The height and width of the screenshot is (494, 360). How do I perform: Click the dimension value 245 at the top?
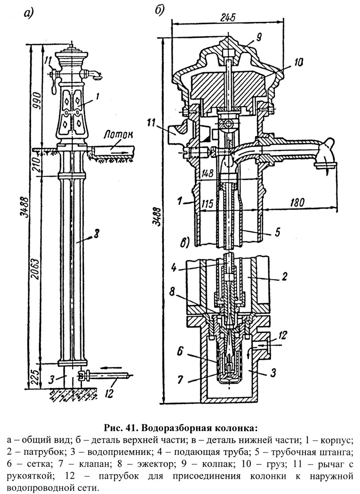coord(228,17)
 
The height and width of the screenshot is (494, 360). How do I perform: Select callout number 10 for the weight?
coord(298,62)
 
